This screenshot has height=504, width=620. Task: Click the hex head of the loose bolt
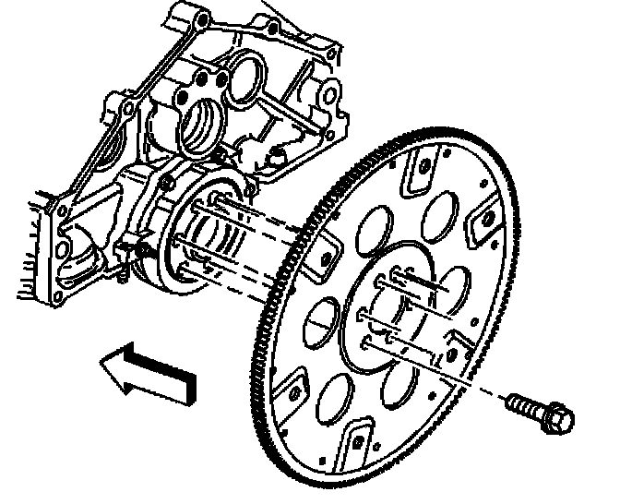click(x=557, y=417)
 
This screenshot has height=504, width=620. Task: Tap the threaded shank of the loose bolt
click(x=522, y=403)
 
